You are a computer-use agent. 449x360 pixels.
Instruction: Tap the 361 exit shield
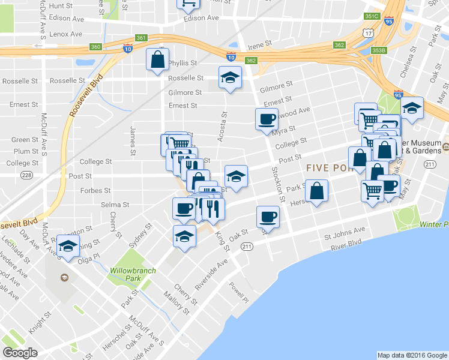click(141, 38)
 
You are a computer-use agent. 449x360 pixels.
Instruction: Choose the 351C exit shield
click(372, 16)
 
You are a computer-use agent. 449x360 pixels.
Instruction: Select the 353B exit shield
click(379, 50)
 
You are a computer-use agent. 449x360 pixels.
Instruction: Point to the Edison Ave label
click(201, 18)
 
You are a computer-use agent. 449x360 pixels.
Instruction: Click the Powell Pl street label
click(238, 292)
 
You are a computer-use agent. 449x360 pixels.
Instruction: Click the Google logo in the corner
click(20, 353)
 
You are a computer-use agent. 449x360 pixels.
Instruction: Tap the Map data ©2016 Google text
click(412, 355)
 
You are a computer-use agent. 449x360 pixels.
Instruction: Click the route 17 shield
click(369, 34)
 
